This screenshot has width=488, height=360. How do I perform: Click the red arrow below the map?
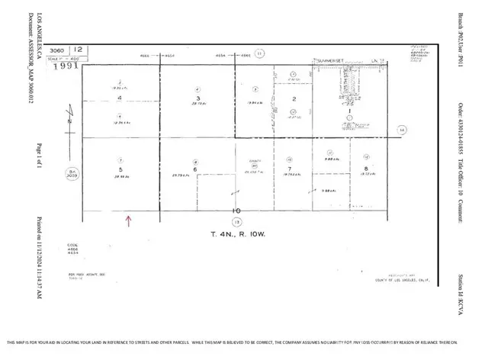coord(129,221)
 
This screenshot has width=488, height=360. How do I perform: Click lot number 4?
coord(119,98)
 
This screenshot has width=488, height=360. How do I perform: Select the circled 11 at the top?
coord(259,53)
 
